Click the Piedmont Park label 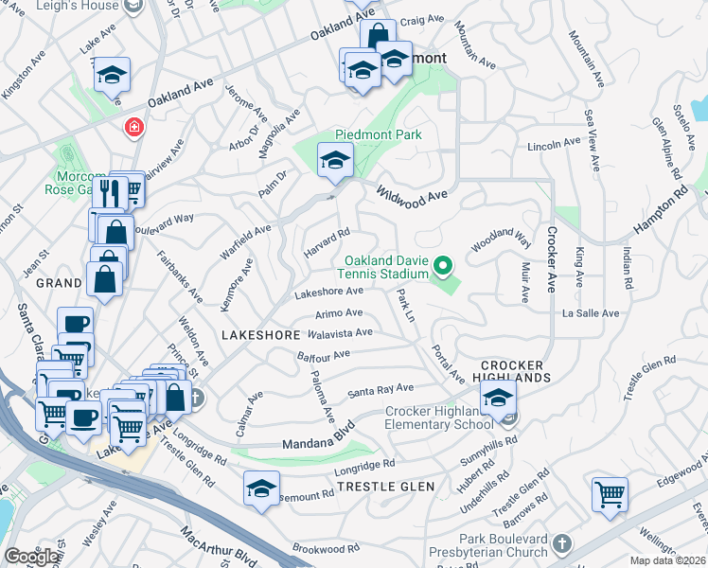click(x=379, y=134)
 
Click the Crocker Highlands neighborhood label click(x=512, y=371)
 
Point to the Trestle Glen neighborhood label click(x=385, y=487)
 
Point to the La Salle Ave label click(x=590, y=313)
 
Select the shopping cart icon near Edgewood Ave click(x=610, y=493)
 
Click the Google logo click(x=32, y=557)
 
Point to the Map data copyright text click(x=667, y=560)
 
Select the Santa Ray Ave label click(x=381, y=389)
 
